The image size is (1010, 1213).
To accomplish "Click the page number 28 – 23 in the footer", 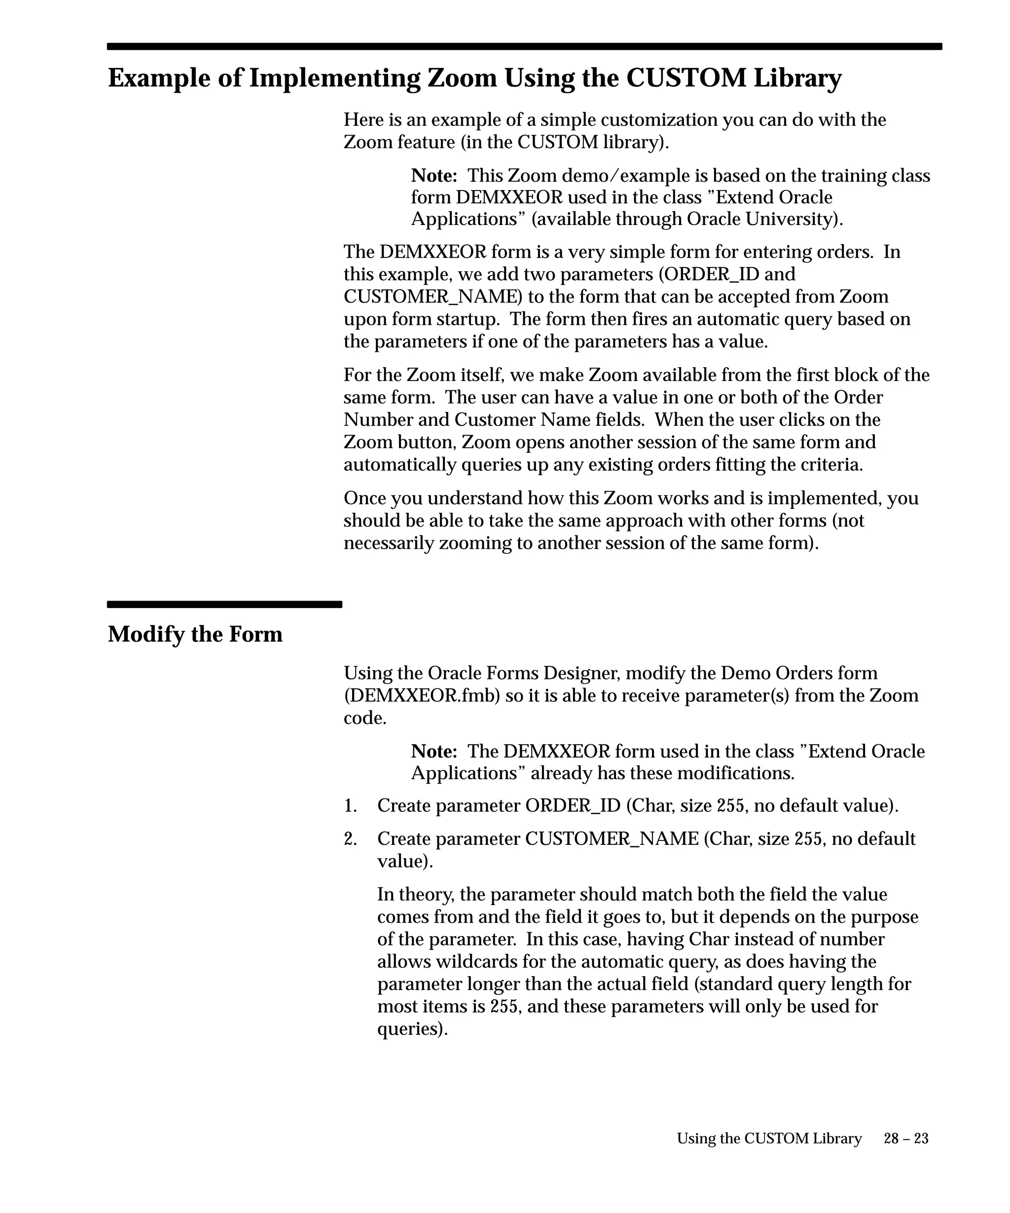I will [x=905, y=1138].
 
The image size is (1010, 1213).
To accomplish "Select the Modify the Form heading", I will [x=195, y=634].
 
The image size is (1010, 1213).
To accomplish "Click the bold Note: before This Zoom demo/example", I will [x=434, y=176].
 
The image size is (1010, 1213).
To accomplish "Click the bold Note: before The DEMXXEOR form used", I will [x=434, y=752].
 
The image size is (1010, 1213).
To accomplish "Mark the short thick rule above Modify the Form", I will [x=224, y=605].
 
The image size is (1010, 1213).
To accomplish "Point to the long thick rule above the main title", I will [x=524, y=47].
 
